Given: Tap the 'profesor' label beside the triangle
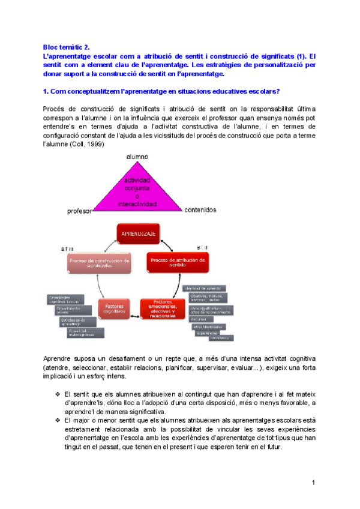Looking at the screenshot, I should point(80,211).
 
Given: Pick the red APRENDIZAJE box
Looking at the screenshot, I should point(140,234).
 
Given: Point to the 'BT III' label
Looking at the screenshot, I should point(67,248).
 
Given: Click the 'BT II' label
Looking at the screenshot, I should point(202,247).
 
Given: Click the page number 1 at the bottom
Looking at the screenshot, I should point(313,483).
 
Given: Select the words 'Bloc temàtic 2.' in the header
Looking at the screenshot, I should point(65,46).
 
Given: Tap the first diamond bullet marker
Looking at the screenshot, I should point(57,394).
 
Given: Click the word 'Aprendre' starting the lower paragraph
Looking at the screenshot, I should point(57,358).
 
